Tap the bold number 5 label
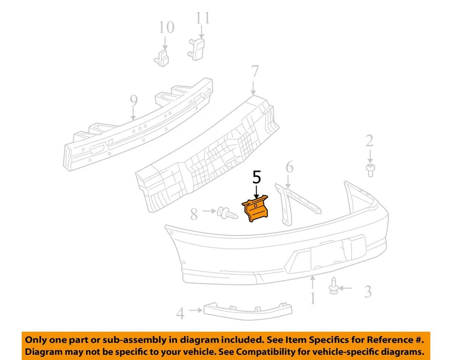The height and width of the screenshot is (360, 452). tap(257, 177)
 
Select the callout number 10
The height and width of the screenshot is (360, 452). tap(166, 27)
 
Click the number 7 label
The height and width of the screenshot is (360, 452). tap(254, 72)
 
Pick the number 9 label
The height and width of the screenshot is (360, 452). tap(133, 100)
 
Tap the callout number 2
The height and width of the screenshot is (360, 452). tap(370, 140)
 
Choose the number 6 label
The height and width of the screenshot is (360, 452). tap(289, 167)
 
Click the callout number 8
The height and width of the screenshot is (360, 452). tap(194, 215)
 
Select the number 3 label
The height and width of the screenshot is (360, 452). tap(368, 292)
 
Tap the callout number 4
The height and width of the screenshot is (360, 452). tap(180, 313)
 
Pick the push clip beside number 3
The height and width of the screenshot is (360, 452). tap(333, 286)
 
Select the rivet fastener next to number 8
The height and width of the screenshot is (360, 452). tap(226, 215)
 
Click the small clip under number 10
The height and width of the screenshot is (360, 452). tap(162, 59)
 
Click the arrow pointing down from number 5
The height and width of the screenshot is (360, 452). tap(256, 191)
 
